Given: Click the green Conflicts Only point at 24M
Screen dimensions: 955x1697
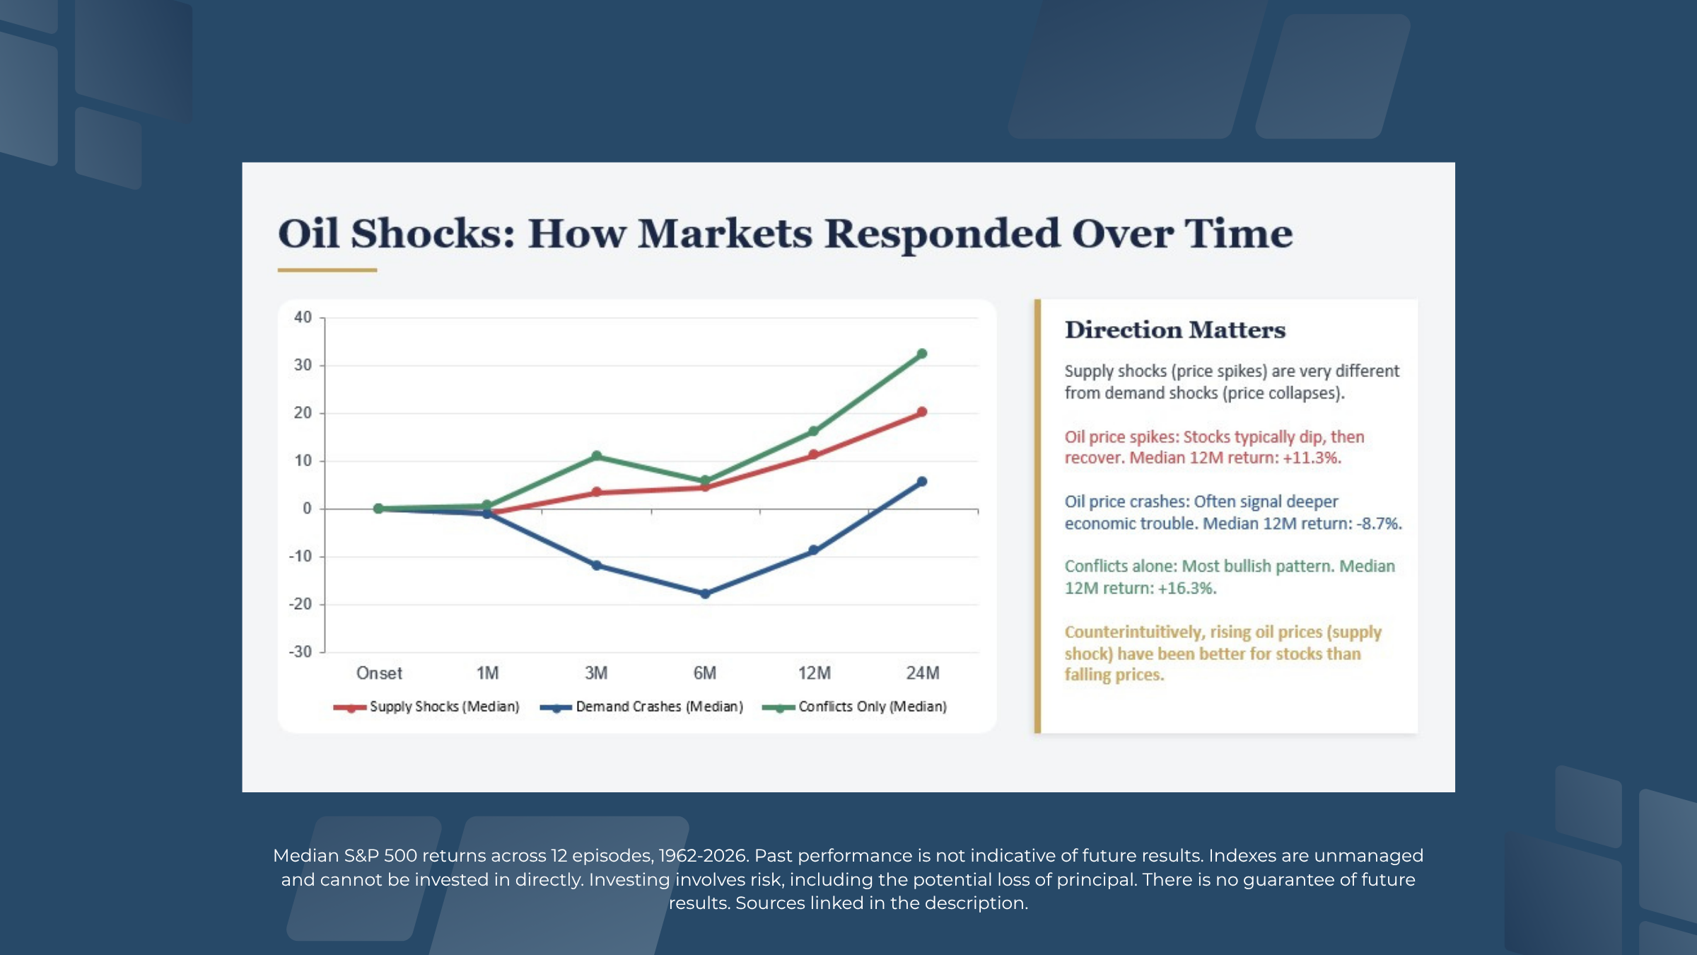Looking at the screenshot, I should pos(921,354).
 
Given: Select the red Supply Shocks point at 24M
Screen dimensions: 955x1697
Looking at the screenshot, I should pos(921,412).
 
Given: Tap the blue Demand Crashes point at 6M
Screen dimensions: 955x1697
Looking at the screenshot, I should pos(705,594).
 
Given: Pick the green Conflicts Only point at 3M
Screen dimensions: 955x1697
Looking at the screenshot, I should pos(596,456).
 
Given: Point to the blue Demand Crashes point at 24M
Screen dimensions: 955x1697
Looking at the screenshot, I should pos(921,482).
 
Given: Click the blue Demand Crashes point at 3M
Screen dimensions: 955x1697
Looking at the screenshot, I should pos(596,565).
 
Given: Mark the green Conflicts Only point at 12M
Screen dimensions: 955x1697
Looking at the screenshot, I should pos(813,431).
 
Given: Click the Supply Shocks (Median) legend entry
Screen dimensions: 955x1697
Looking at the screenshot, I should pos(427,707).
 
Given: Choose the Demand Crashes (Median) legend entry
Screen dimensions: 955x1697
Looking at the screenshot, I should pos(642,707).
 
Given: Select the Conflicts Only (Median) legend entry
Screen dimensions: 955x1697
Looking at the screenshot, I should pos(855,707).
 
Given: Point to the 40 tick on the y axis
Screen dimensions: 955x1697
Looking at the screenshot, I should pos(303,318).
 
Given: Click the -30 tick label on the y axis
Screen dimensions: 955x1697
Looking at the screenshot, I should pos(301,652).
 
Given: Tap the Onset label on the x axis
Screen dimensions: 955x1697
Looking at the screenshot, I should pos(379,673).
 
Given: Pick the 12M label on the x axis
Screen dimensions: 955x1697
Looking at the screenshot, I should pos(814,673).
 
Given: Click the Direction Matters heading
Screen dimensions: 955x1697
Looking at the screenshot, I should pos(1174,330).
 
